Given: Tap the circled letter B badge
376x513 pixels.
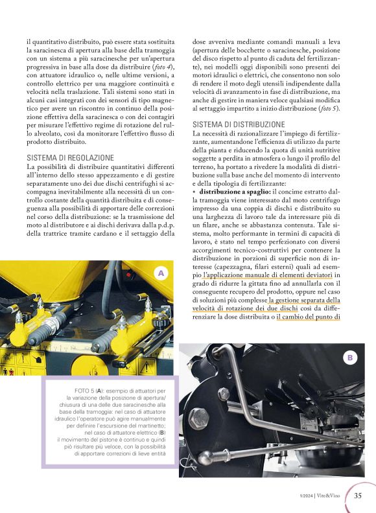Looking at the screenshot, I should pyautogui.click(x=349, y=357).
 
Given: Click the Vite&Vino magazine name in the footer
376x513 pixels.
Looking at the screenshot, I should pyautogui.click(x=331, y=497).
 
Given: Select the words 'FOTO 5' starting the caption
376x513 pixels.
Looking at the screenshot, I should pyautogui.click(x=86, y=391).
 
